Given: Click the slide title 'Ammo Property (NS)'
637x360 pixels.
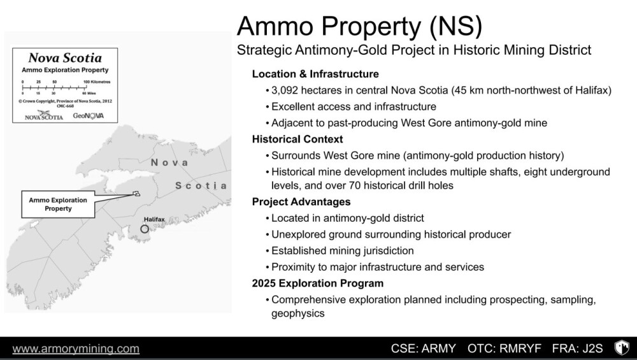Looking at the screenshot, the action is [x=359, y=26].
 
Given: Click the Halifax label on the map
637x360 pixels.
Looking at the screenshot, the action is [x=154, y=219].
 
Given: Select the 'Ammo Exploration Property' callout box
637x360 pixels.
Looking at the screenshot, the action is [x=58, y=205].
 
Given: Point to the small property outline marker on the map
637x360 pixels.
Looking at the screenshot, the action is [x=136, y=194].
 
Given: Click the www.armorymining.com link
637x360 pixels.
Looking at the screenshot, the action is [x=76, y=349].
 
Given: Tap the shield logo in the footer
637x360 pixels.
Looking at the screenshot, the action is [x=622, y=348].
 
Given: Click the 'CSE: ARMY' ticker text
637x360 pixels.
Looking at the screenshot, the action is [x=424, y=349].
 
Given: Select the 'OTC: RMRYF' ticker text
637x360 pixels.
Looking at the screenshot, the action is [x=504, y=349].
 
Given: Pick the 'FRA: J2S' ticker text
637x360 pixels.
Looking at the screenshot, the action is [x=577, y=349].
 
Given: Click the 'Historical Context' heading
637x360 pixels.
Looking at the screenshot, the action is [x=297, y=140].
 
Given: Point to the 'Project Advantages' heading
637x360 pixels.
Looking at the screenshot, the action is [x=301, y=202].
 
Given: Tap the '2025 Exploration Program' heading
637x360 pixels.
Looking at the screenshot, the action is [x=318, y=283].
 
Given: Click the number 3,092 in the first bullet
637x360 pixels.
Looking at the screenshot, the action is [x=284, y=90].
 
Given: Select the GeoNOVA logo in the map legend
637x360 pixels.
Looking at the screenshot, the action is [x=88, y=116].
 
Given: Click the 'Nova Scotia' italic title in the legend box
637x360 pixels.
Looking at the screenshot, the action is [x=65, y=58].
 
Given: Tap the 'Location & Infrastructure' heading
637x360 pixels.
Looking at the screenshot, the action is [x=315, y=74].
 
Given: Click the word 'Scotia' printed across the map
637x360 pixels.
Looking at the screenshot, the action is [x=201, y=185].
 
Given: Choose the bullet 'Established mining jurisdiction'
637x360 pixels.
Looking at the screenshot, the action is [x=343, y=250].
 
